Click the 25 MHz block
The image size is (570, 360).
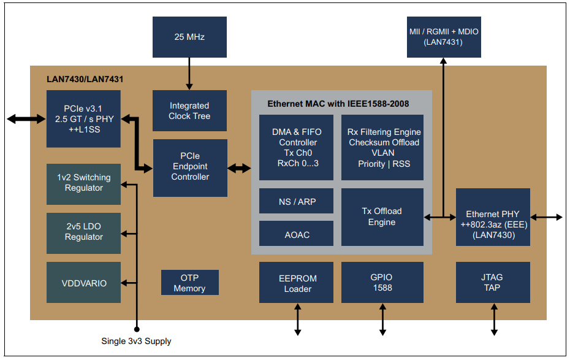click(189, 37)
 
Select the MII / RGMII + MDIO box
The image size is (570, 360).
click(443, 37)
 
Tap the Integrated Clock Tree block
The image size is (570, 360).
click(189, 110)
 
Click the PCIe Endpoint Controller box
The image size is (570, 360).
click(190, 167)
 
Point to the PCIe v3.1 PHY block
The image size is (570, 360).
click(83, 118)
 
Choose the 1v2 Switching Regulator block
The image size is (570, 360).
click(83, 183)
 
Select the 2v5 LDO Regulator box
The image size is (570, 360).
click(83, 232)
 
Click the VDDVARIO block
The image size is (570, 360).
click(83, 283)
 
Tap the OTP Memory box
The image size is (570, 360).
click(189, 283)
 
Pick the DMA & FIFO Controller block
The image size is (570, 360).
click(296, 147)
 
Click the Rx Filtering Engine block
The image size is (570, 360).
click(382, 147)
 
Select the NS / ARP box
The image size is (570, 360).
click(296, 201)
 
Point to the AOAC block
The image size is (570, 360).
click(296, 234)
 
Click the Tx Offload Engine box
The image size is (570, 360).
click(382, 216)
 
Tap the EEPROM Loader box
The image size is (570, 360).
click(296, 283)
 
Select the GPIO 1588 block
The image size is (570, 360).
click(382, 283)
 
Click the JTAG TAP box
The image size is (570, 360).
click(493, 283)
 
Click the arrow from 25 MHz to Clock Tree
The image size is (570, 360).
click(189, 74)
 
